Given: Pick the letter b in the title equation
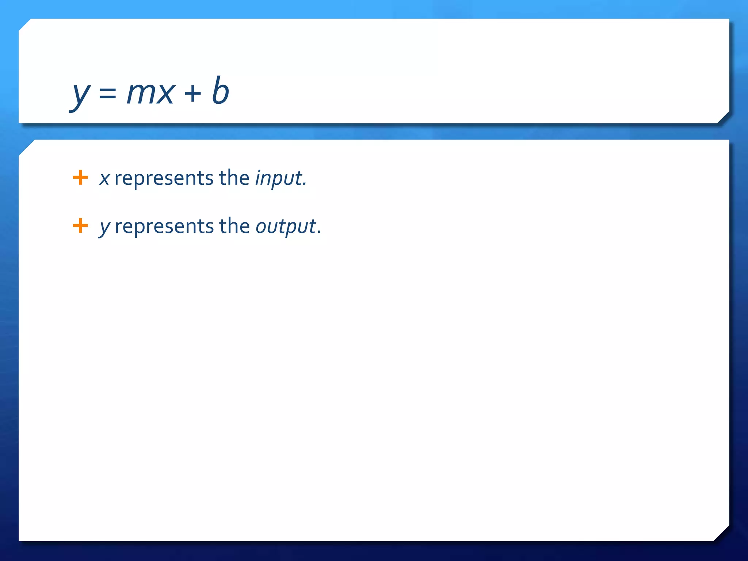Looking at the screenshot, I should click(x=220, y=90).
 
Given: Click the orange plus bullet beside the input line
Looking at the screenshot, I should click(x=80, y=178).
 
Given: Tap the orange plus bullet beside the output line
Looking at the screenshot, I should click(x=80, y=225).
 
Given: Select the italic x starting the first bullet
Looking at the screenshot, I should click(x=104, y=179).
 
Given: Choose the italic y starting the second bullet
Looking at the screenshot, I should click(x=104, y=227).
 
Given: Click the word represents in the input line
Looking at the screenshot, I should click(x=164, y=179).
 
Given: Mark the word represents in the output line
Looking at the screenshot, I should click(x=164, y=227).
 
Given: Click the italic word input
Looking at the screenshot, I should click(x=278, y=179).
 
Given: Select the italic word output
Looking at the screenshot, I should click(x=286, y=227).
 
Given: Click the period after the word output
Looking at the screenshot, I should click(x=319, y=232).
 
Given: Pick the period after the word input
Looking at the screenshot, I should click(x=305, y=184).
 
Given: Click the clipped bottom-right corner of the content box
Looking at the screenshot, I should click(x=721, y=533).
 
